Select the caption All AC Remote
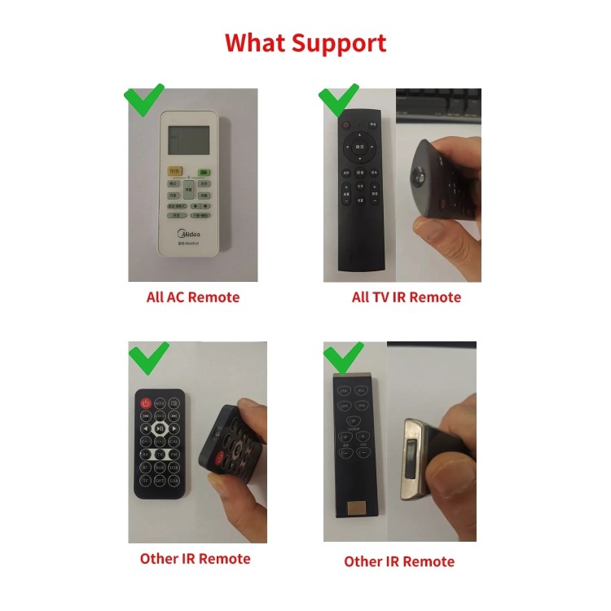coord(193,297)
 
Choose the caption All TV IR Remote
coord(406,297)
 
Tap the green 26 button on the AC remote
coord(204,172)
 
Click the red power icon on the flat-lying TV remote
coord(345,126)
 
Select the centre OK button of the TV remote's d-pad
coord(360,147)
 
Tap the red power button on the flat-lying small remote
coord(146,402)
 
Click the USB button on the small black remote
coord(174,468)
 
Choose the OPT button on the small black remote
coord(160,481)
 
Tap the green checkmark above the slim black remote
coord(343,356)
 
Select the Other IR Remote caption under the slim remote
coord(399,561)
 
